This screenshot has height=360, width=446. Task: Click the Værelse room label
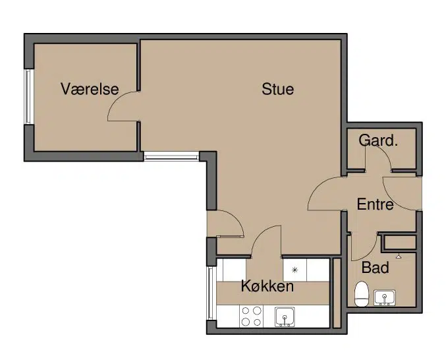[90, 89]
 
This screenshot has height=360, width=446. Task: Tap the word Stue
[277, 89]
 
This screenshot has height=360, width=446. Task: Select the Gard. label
[377, 140]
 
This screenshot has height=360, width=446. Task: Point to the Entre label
[375, 204]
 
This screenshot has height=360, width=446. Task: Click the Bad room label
[375, 268]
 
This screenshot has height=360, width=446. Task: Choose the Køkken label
[267, 286]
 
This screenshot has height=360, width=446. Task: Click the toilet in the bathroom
[362, 293]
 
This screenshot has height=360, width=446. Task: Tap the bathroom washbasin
[384, 297]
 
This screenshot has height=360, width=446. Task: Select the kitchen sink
[285, 316]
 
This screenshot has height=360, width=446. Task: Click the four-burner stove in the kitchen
[252, 316]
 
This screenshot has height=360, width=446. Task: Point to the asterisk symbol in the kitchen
[294, 270]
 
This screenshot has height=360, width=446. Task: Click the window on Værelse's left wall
[28, 96]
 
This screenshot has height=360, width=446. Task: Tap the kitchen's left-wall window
[211, 293]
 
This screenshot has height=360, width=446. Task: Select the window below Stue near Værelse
[171, 156]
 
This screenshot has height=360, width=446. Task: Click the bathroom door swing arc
[370, 254]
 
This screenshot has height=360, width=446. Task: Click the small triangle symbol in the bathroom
[399, 256]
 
